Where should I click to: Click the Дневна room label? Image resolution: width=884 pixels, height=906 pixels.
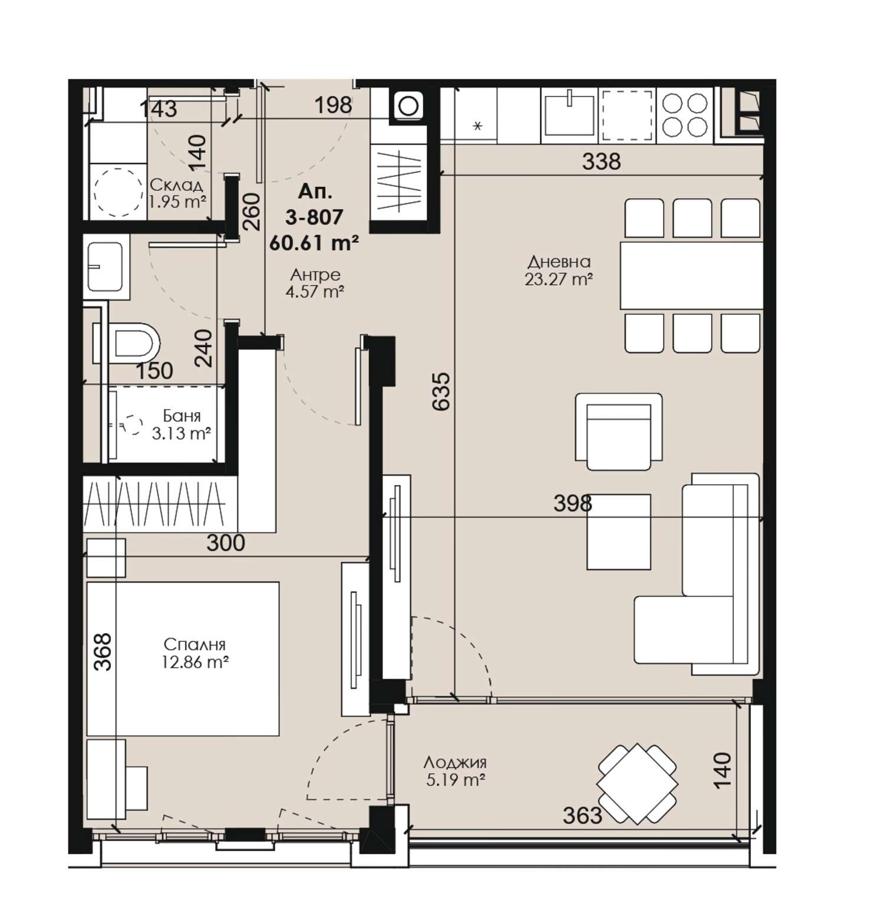tap(559, 261)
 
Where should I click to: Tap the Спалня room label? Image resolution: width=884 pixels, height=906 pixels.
tap(195, 645)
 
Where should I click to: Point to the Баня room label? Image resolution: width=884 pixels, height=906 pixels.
tap(182, 416)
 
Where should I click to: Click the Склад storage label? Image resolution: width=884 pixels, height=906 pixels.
tap(177, 186)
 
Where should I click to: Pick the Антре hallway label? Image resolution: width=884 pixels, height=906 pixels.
tap(315, 275)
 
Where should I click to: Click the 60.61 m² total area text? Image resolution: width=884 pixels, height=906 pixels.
tap(314, 242)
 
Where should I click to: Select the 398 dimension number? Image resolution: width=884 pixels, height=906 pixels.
tap(572, 503)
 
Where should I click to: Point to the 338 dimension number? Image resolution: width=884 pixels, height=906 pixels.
tap(601, 161)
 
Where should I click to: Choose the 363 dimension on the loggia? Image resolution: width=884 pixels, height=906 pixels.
tap(582, 816)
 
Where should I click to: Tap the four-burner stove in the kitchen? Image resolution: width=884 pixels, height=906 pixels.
tap(685, 115)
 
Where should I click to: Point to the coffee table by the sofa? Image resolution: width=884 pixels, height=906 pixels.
tap(619, 532)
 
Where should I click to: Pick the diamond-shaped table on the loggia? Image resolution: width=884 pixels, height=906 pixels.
tap(637, 784)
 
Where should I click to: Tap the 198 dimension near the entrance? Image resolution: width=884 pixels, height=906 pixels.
tap(333, 106)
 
